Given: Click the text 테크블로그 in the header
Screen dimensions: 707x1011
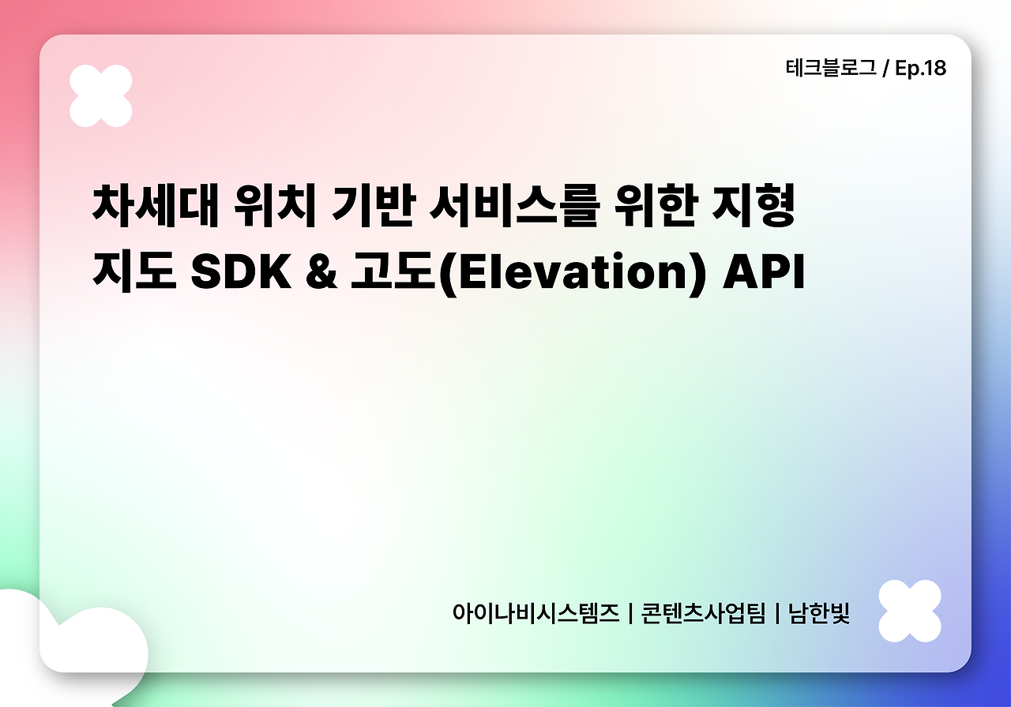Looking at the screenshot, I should click(830, 69).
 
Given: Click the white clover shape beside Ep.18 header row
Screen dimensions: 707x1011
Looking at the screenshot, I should click(101, 95).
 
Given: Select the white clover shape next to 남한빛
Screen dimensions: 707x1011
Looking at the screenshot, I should click(910, 611).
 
